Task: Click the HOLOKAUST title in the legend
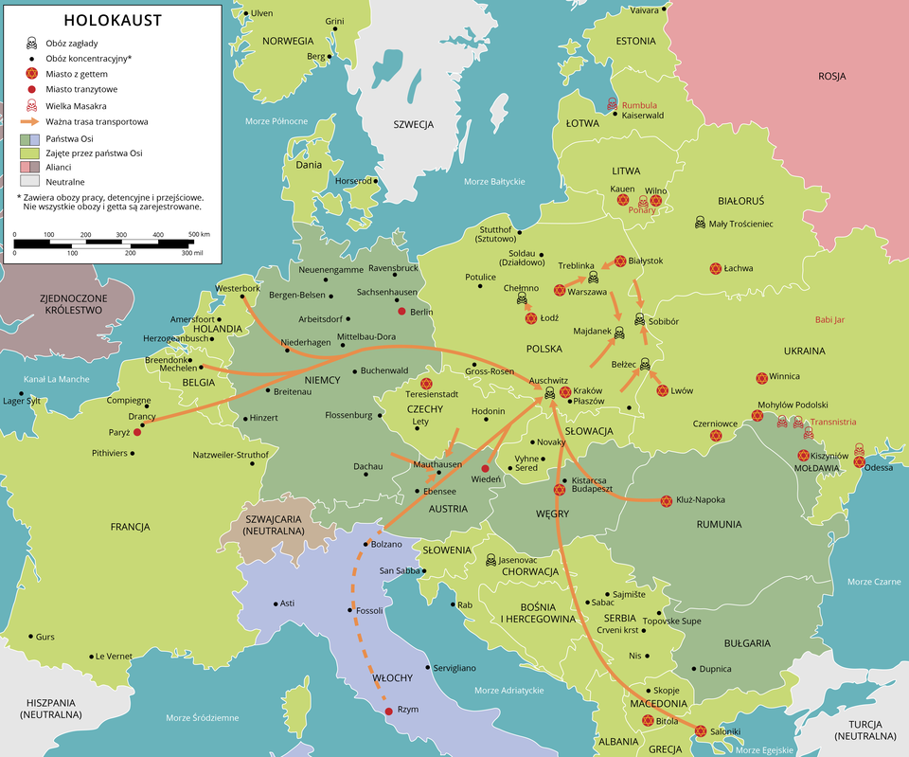pyautogui.click(x=112, y=21)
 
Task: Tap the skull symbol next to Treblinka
pyautogui.click(x=594, y=278)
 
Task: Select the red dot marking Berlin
pyautogui.click(x=402, y=312)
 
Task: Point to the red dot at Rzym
pyautogui.click(x=388, y=711)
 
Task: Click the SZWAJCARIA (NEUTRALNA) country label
pyautogui.click(x=274, y=524)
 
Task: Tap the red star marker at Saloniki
pyautogui.click(x=700, y=730)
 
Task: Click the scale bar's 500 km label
pyautogui.click(x=199, y=233)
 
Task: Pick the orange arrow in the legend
pyautogui.click(x=30, y=122)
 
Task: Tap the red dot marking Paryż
pyautogui.click(x=137, y=432)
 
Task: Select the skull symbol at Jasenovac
pyautogui.click(x=490, y=560)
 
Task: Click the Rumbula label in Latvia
pyautogui.click(x=639, y=104)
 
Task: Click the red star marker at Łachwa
pyautogui.click(x=716, y=268)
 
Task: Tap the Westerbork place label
pyautogui.click(x=238, y=288)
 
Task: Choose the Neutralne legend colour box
pyautogui.click(x=30, y=180)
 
